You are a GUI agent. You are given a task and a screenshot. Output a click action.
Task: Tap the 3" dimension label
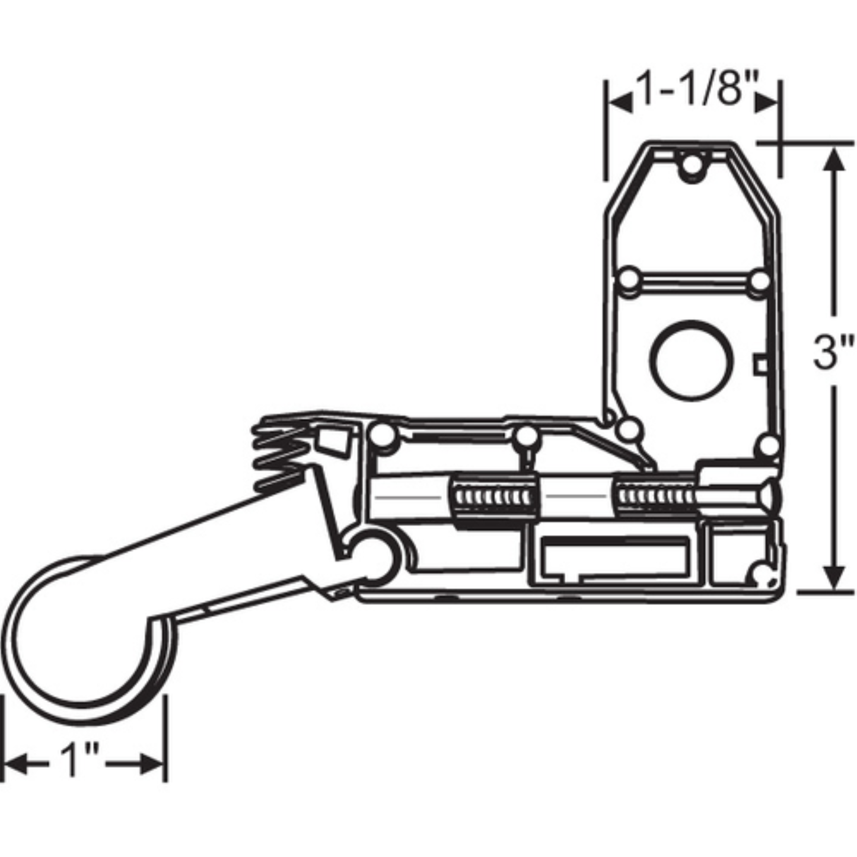coord(833,352)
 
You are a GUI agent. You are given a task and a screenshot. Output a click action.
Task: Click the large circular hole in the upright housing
coord(692,361)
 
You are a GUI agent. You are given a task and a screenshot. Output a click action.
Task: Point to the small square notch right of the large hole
coord(760,364)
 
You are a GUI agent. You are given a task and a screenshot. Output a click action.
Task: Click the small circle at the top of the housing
coord(690,163)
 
